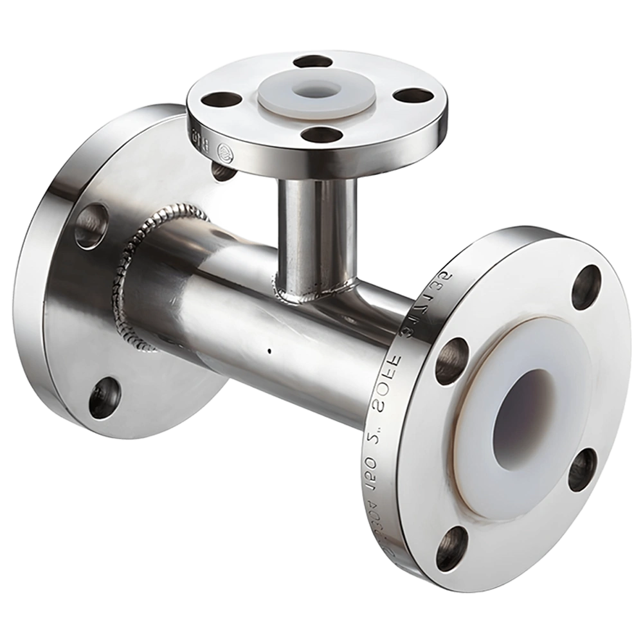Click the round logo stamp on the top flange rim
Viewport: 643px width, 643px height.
pyautogui.click(x=224, y=152)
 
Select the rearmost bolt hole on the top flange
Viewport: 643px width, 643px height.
pyautogui.click(x=311, y=62)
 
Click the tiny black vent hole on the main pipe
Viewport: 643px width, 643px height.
pyautogui.click(x=269, y=351)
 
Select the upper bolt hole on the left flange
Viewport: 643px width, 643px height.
pyautogui.click(x=91, y=226)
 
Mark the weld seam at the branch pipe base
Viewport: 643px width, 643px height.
pyautogui.click(x=309, y=296)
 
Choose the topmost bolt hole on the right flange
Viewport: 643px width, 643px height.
pyautogui.click(x=586, y=286)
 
